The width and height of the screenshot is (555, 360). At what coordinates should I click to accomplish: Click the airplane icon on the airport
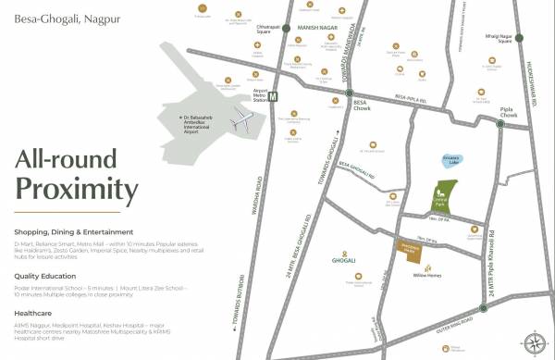[242, 119]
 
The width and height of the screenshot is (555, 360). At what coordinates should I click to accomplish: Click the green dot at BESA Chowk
[349, 93]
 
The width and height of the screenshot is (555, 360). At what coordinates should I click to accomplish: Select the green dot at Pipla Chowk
[499, 123]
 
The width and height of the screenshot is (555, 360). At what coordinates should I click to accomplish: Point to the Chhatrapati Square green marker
[287, 29]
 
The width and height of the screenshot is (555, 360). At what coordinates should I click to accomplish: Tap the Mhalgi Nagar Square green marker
[519, 38]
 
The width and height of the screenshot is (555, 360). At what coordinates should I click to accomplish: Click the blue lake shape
[451, 162]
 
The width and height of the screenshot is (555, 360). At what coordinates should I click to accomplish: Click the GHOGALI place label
[331, 261]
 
